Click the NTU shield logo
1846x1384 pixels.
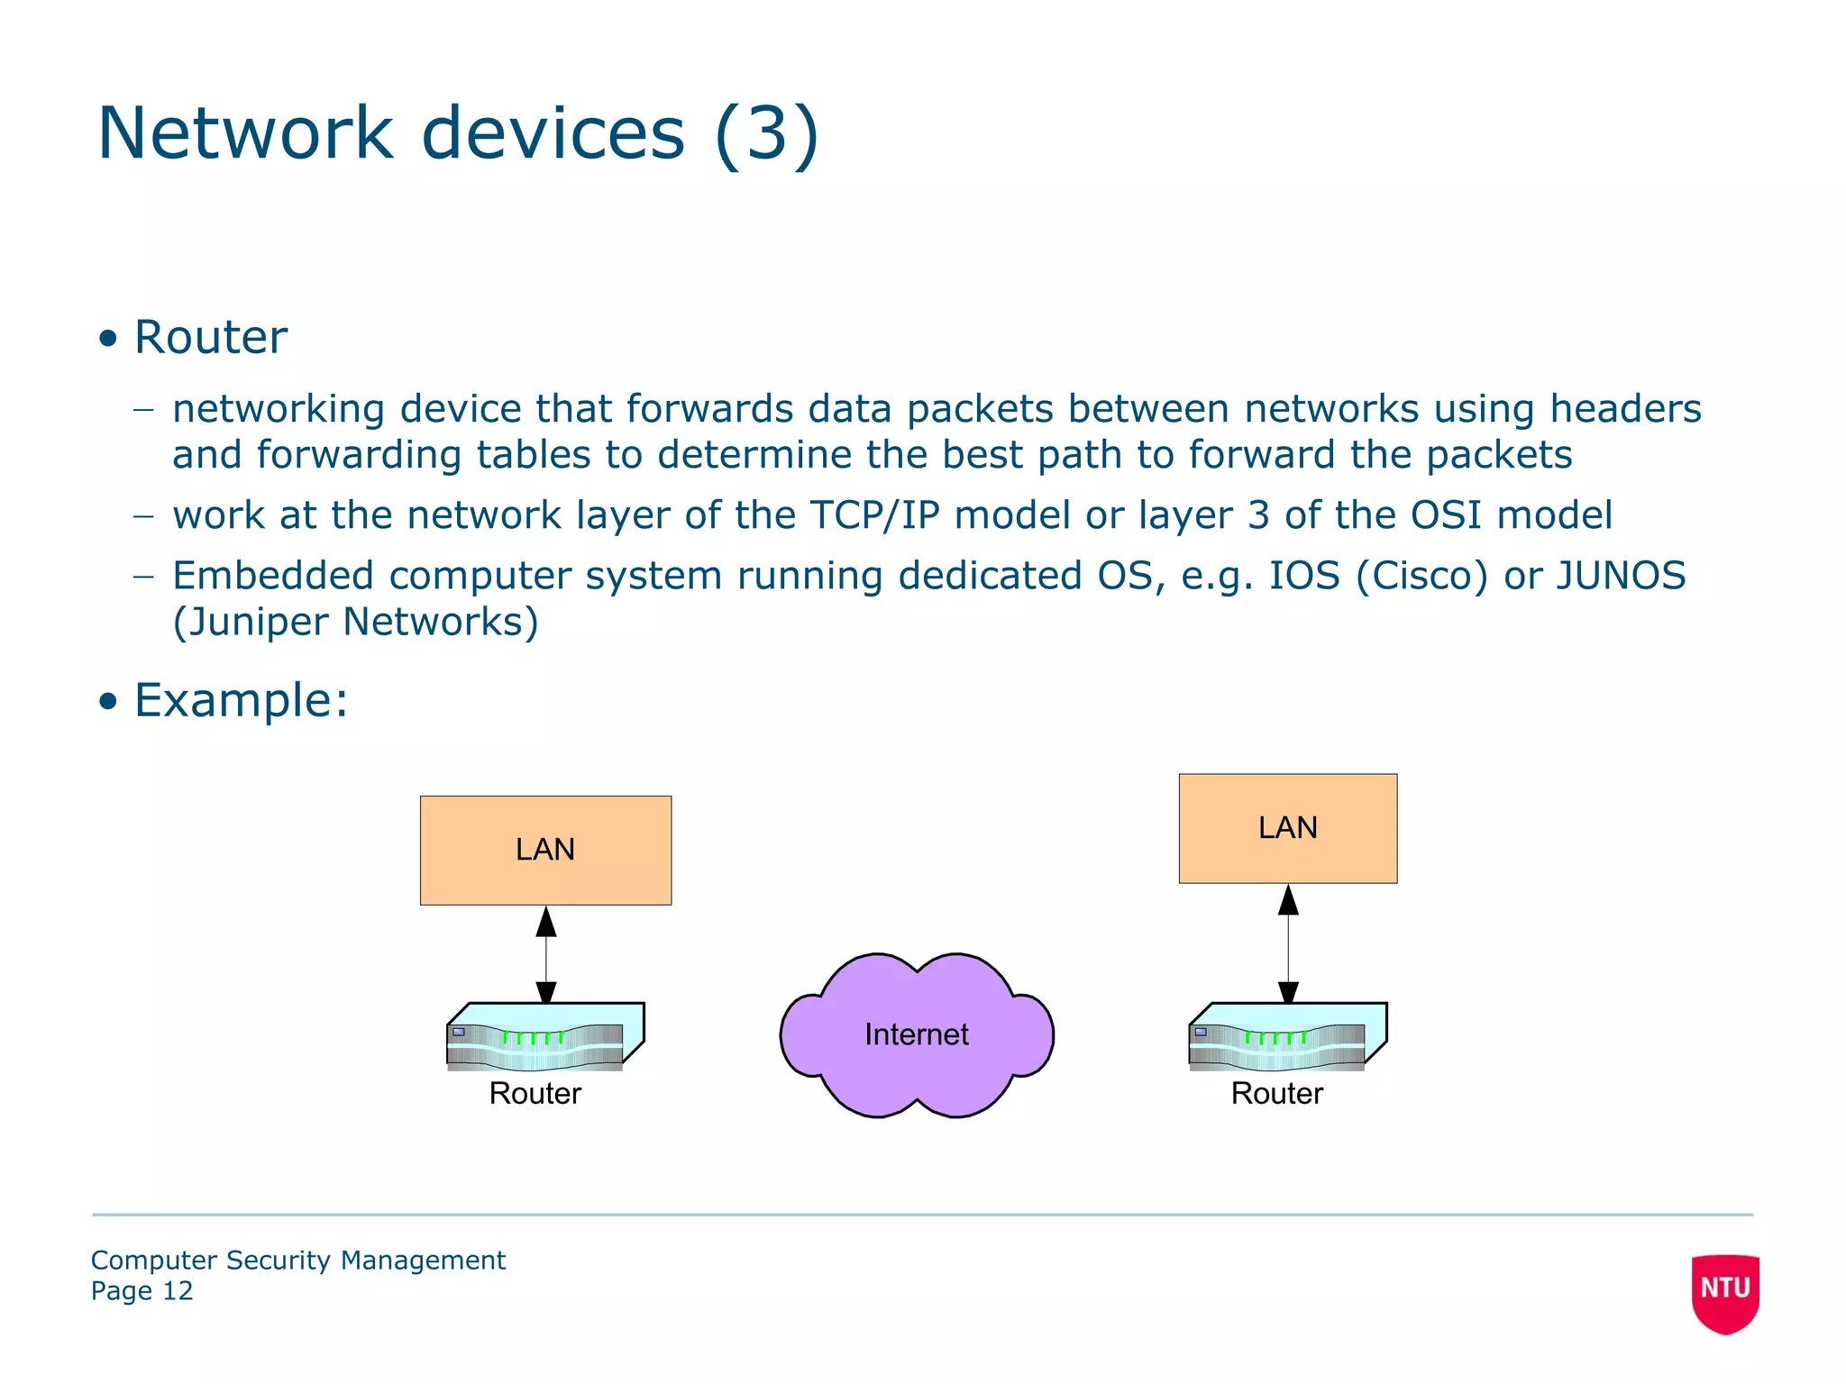[x=1724, y=1292]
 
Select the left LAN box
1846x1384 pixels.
[x=545, y=850]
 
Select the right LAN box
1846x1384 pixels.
[x=1287, y=827]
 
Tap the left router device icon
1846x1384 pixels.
[x=544, y=1036]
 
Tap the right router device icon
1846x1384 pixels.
[x=1286, y=1036]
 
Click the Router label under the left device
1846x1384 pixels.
[x=535, y=1093]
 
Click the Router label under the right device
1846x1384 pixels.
[x=1276, y=1093]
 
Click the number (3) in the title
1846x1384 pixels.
[x=766, y=133]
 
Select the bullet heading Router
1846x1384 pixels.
[x=210, y=338]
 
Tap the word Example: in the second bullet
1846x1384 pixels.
[x=241, y=700]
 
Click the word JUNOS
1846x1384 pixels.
[x=1621, y=576]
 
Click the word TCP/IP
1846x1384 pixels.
[x=874, y=515]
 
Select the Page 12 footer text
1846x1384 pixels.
[x=142, y=1291]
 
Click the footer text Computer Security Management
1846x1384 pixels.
[x=297, y=1260]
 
